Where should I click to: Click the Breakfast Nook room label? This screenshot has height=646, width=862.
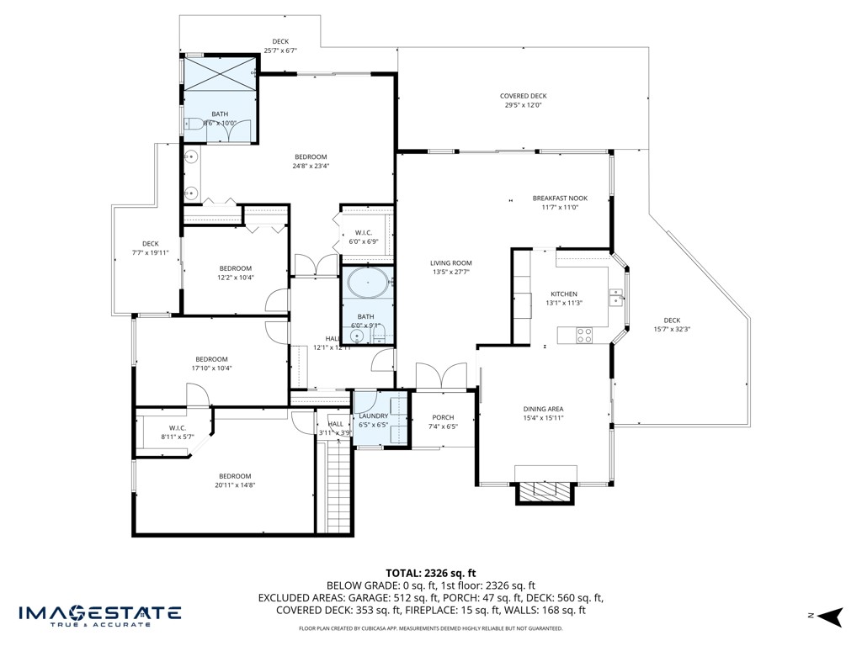560,199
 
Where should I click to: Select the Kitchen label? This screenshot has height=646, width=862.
564,294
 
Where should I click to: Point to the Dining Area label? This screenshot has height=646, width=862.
543,409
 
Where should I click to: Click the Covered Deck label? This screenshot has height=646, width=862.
523,96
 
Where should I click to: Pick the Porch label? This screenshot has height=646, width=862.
443,417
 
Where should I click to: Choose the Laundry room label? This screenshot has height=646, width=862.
373,416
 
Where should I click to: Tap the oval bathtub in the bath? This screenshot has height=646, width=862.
366,283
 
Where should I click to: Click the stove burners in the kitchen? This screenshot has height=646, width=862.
583,335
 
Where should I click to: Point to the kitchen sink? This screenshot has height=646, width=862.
617,296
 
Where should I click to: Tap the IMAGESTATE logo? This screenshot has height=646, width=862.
99,614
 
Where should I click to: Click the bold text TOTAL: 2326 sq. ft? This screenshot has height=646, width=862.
430,573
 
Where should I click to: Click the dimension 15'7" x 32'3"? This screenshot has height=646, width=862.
671,329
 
